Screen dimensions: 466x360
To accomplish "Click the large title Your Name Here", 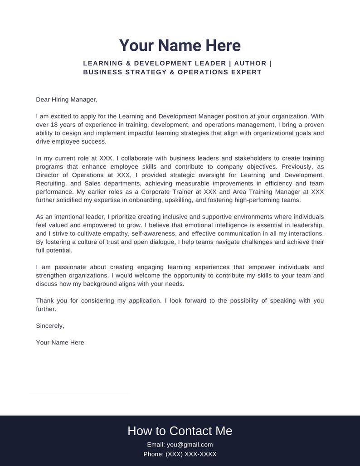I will coord(180,46).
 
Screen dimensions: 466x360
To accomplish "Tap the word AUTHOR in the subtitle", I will coord(249,63).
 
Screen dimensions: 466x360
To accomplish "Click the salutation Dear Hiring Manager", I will coord(67,100).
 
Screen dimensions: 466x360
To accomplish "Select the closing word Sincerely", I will coord(50,326).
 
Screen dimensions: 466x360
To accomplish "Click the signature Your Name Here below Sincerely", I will coord(60,343).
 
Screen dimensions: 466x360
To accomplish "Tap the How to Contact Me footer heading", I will coord(180,431).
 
